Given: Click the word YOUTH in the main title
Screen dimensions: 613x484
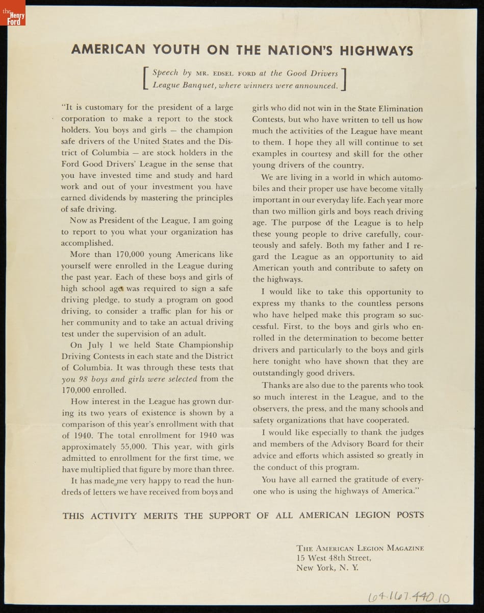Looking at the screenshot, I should [176, 50].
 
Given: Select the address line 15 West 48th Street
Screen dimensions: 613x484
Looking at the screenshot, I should [334, 558].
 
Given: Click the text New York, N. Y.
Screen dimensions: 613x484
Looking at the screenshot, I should [327, 568].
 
